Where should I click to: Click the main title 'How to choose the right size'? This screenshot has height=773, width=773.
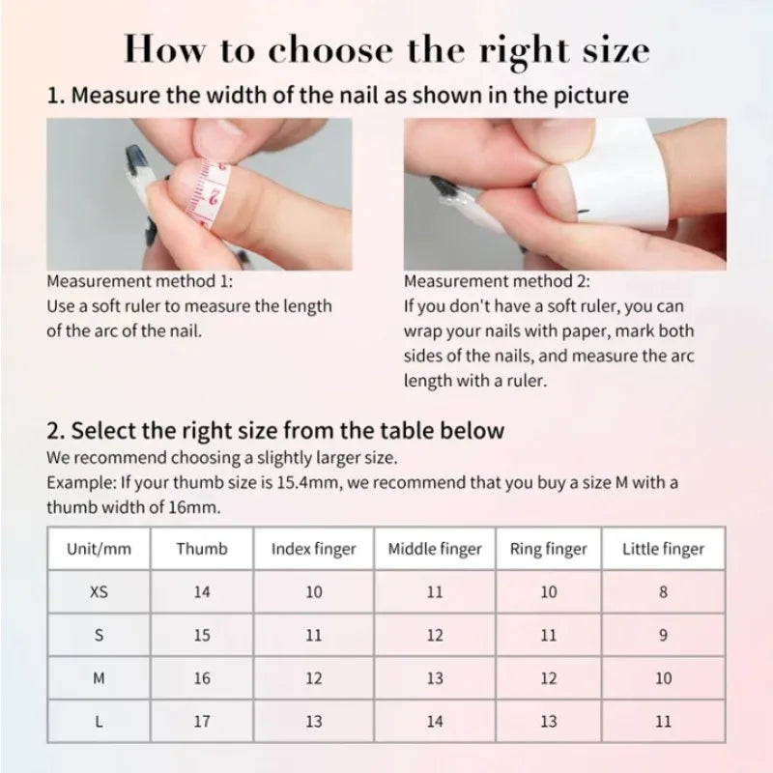click(x=386, y=49)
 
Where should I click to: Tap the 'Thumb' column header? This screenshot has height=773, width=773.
click(x=202, y=549)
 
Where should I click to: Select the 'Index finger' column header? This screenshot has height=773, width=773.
click(x=313, y=549)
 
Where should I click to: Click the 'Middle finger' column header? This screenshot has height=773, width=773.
click(x=434, y=549)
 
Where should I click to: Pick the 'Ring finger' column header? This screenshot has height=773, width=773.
click(x=548, y=549)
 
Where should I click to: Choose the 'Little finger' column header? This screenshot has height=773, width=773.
click(x=663, y=549)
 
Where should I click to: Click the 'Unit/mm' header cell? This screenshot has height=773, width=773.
click(x=99, y=549)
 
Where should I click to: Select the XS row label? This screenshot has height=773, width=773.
click(x=99, y=592)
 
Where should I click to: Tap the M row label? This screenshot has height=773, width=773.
click(x=99, y=679)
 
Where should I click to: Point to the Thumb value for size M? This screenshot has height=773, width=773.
click(x=202, y=679)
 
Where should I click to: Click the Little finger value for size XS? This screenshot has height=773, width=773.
click(x=663, y=592)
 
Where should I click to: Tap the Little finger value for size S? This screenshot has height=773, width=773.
click(x=663, y=636)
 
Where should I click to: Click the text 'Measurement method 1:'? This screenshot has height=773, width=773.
click(x=140, y=282)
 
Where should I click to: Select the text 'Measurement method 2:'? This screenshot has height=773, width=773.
click(x=497, y=282)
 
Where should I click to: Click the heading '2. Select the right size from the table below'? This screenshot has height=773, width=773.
click(x=275, y=430)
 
